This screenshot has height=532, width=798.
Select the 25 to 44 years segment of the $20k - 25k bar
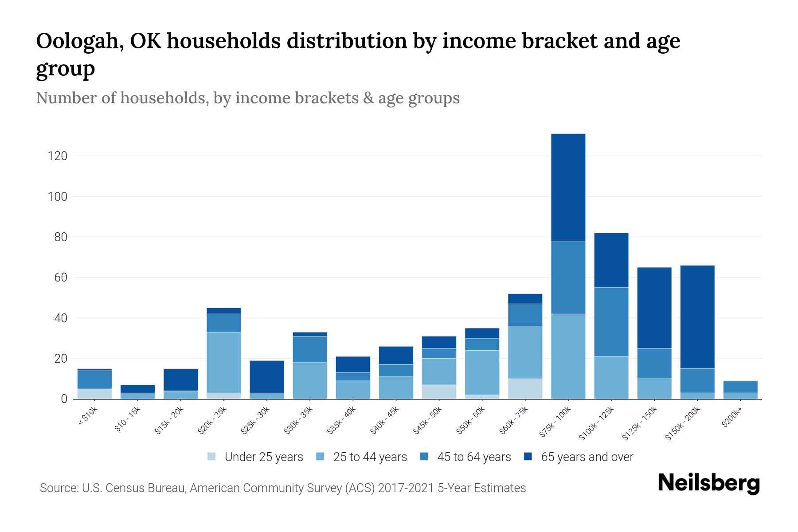(223, 362)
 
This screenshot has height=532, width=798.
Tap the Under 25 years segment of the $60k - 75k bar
(525, 389)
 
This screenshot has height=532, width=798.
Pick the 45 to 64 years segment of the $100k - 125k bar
(611, 322)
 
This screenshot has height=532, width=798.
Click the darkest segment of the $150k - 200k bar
(697, 317)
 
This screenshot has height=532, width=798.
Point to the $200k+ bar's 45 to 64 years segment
(740, 387)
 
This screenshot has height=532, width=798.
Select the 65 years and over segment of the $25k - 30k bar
(266, 376)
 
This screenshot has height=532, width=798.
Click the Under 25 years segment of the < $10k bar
(94, 394)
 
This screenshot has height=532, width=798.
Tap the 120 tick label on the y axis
(58, 156)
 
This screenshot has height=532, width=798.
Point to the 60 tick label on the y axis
(60, 278)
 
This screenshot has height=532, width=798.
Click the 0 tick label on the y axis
(64, 399)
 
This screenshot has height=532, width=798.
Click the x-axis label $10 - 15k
(128, 419)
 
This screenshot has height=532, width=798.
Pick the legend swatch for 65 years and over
(528, 457)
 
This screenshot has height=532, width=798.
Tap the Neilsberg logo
(708, 483)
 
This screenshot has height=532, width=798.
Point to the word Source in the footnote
(58, 488)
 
